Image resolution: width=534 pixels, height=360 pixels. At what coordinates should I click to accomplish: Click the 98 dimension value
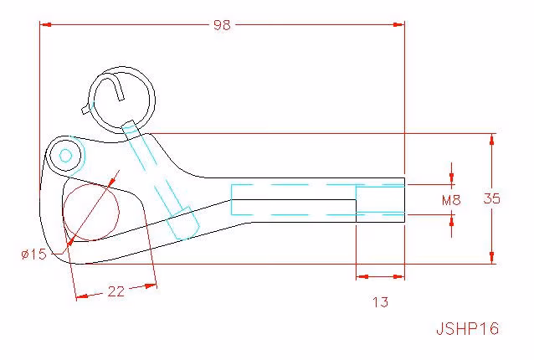[222, 25]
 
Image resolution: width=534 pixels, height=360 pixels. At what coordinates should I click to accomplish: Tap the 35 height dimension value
[492, 198]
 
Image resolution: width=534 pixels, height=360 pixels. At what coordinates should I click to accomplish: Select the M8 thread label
[451, 200]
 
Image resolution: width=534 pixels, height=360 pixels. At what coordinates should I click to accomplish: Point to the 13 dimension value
[380, 301]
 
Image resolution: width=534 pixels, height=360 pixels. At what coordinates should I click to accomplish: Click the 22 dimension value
[116, 291]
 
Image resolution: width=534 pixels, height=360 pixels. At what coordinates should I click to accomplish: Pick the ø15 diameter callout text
[33, 254]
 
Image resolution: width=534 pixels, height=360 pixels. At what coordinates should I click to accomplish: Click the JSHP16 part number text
[468, 328]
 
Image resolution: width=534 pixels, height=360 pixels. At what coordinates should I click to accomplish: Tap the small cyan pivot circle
[66, 157]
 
